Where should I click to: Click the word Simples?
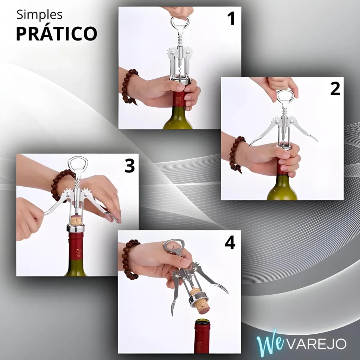pyautogui.click(x=39, y=15)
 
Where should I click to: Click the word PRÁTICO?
pyautogui.click(x=57, y=33)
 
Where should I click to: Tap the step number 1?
pyautogui.click(x=231, y=18)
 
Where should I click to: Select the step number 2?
pyautogui.click(x=335, y=89)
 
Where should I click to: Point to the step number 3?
pyautogui.click(x=129, y=166)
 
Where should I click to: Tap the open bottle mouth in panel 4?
pyautogui.click(x=202, y=322)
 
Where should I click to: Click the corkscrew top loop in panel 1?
pyautogui.click(x=180, y=22)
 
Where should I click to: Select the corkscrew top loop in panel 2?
pyautogui.click(x=286, y=96)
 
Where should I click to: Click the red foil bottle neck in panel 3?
pyautogui.click(x=76, y=246)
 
